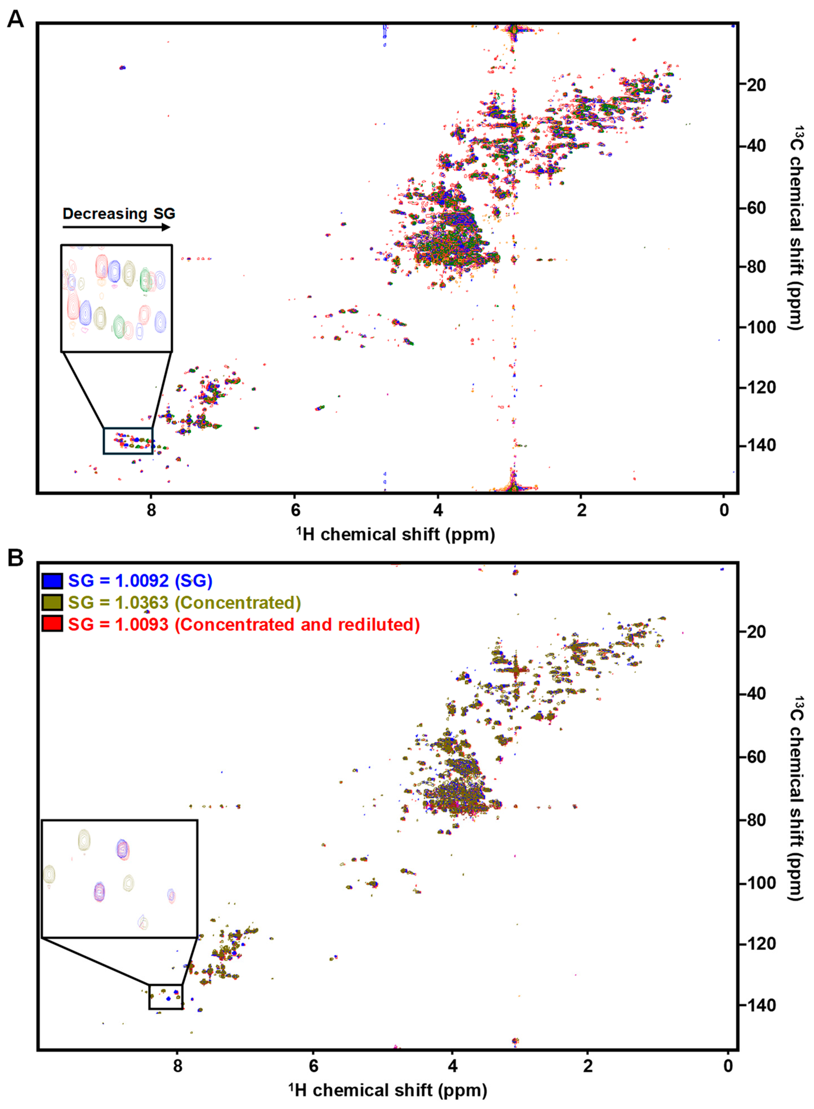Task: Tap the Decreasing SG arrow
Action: pyautogui.click(x=116, y=227)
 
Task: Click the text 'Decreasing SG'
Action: pyautogui.click(x=119, y=213)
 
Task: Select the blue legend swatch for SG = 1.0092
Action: pyautogui.click(x=52, y=581)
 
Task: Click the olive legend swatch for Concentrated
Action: pyautogui.click(x=52, y=602)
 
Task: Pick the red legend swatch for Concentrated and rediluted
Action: pyautogui.click(x=52, y=624)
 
